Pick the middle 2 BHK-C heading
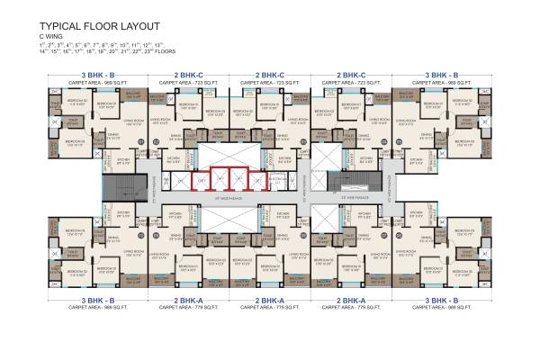point(269,75)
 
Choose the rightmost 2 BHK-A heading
point(350,300)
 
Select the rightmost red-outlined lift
point(259,180)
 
